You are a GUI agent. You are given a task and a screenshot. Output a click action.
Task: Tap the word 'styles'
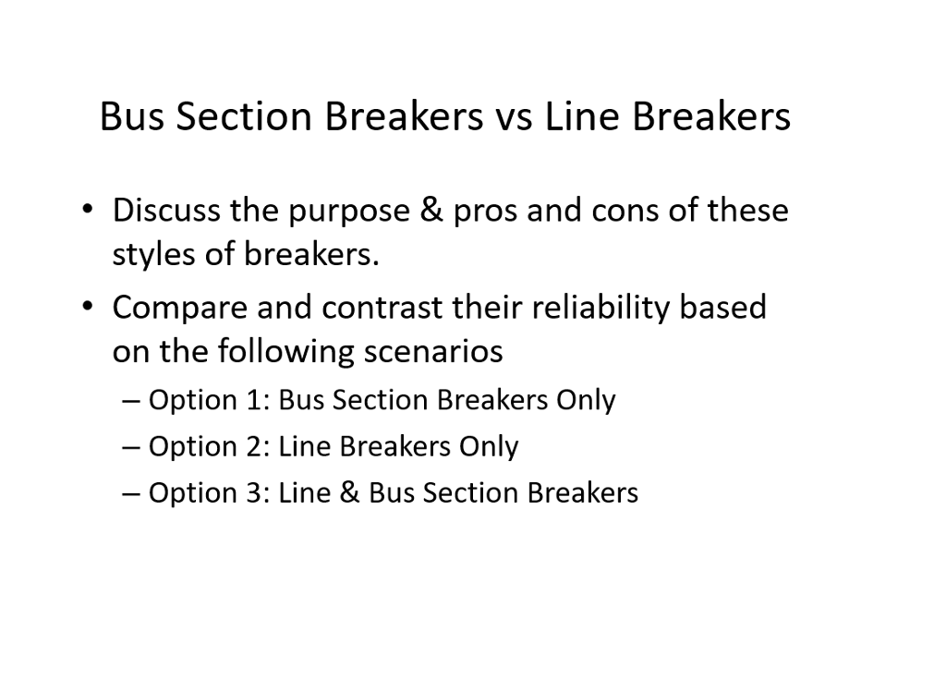tap(153, 255)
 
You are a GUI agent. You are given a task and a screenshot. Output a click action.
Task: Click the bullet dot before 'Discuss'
tap(86, 211)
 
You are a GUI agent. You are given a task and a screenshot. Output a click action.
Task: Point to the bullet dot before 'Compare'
tap(86, 307)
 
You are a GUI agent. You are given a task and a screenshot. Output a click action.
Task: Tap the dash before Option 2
tap(131, 447)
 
